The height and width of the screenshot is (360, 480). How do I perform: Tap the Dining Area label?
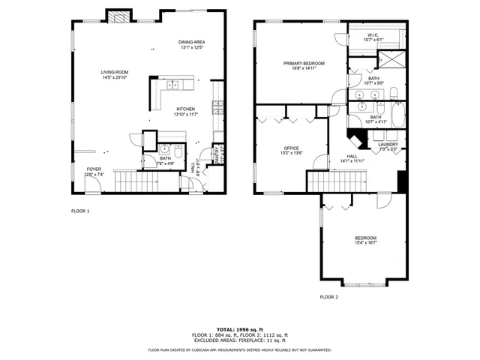coord(191,43)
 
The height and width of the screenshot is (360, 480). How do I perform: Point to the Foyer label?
coord(94,169)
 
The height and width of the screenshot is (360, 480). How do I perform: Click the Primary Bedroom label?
coord(304,63)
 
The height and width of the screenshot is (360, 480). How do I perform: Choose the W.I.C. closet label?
coord(373,34)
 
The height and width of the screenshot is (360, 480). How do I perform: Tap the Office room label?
coord(291,148)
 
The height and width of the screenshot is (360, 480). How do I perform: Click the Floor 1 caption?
coord(80,211)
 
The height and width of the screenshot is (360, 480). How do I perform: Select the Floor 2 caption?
coord(329,297)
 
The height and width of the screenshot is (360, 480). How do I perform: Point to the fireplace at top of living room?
coord(116,18)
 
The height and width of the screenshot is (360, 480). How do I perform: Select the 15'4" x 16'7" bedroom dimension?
coord(366,243)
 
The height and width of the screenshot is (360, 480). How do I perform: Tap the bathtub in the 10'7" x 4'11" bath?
coord(394,117)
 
